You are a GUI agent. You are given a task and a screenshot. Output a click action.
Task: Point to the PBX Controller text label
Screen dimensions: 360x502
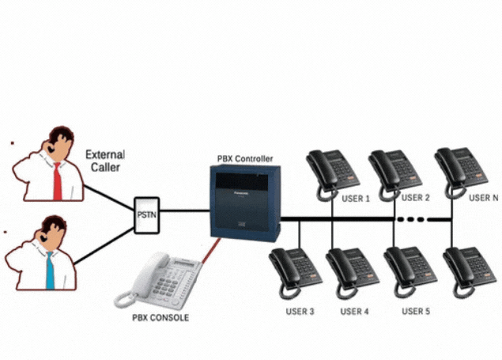[x=245, y=158]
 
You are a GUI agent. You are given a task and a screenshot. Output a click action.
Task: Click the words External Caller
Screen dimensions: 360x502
[x=104, y=162]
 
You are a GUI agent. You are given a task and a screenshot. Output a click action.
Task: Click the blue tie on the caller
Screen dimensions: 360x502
[x=49, y=270]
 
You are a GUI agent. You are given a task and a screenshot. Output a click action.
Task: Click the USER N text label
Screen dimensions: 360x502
[x=483, y=198]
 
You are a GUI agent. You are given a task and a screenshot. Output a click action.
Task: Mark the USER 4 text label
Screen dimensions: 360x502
[x=355, y=312]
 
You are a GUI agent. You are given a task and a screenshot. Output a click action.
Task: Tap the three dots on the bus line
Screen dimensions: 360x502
[x=411, y=218]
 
